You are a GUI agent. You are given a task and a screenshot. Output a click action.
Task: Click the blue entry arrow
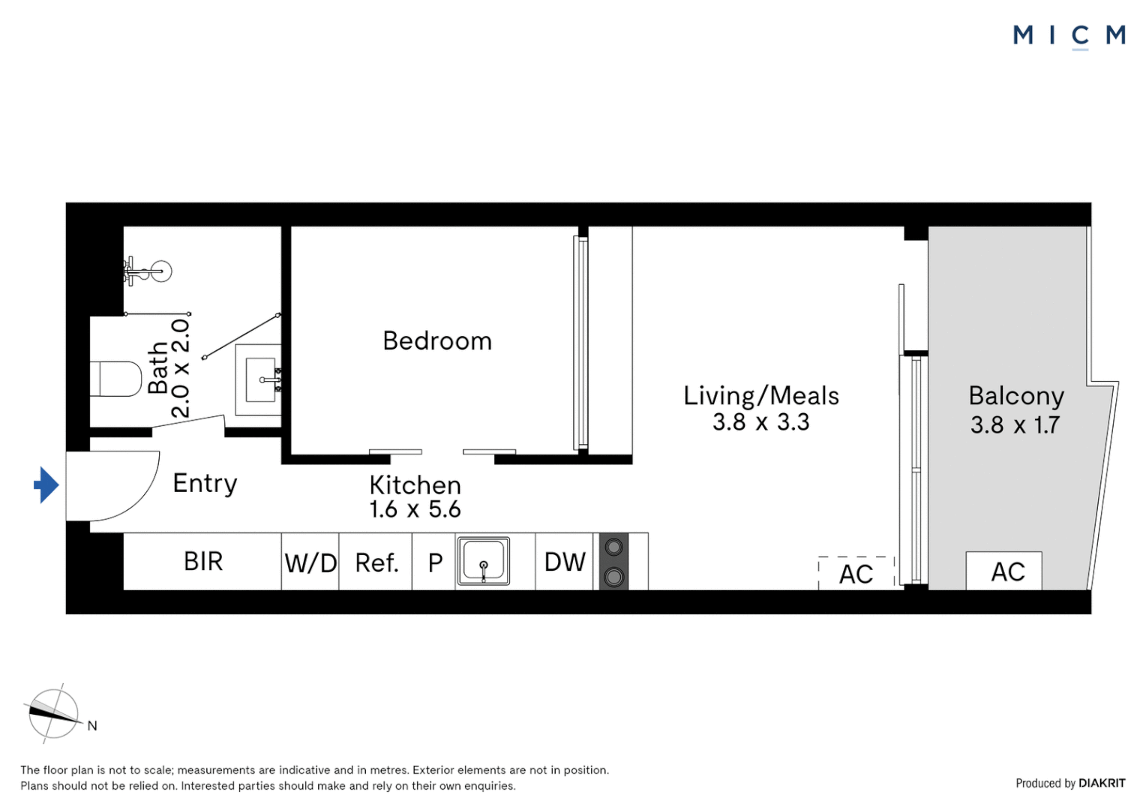pyautogui.click(x=46, y=485)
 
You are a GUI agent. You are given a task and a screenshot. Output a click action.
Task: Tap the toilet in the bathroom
pyautogui.click(x=115, y=379)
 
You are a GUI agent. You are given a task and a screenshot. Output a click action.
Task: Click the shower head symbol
pyautogui.click(x=148, y=271)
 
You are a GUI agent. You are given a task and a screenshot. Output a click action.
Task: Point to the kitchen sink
pyautogui.click(x=484, y=561)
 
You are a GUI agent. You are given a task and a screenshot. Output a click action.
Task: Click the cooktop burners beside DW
pyautogui.click(x=613, y=562)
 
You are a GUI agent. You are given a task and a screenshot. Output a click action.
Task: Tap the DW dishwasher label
pyautogui.click(x=565, y=562)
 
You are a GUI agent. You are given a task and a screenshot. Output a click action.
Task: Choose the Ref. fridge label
pyautogui.click(x=376, y=562)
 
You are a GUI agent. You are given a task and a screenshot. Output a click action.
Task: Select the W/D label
pyautogui.click(x=310, y=563)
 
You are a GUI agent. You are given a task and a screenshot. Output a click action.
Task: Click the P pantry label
pyautogui.click(x=435, y=562)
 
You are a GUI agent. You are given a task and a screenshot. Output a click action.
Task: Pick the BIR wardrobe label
pyautogui.click(x=203, y=561)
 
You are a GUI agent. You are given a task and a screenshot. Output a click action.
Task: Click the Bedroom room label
pyautogui.click(x=437, y=340)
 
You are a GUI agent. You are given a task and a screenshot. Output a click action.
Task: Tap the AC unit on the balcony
pyautogui.click(x=1003, y=571)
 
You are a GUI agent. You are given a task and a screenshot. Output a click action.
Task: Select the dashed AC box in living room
pyautogui.click(x=856, y=573)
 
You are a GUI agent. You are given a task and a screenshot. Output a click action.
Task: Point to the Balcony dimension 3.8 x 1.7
pyautogui.click(x=1015, y=424)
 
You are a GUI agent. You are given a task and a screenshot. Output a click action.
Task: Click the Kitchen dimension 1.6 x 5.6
pyautogui.click(x=415, y=509)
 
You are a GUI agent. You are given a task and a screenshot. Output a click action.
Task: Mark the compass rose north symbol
pyautogui.click(x=54, y=714)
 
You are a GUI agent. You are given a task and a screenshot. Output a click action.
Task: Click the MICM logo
pyautogui.click(x=1069, y=36)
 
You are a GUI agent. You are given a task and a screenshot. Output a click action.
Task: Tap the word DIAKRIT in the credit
pyautogui.click(x=1102, y=783)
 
